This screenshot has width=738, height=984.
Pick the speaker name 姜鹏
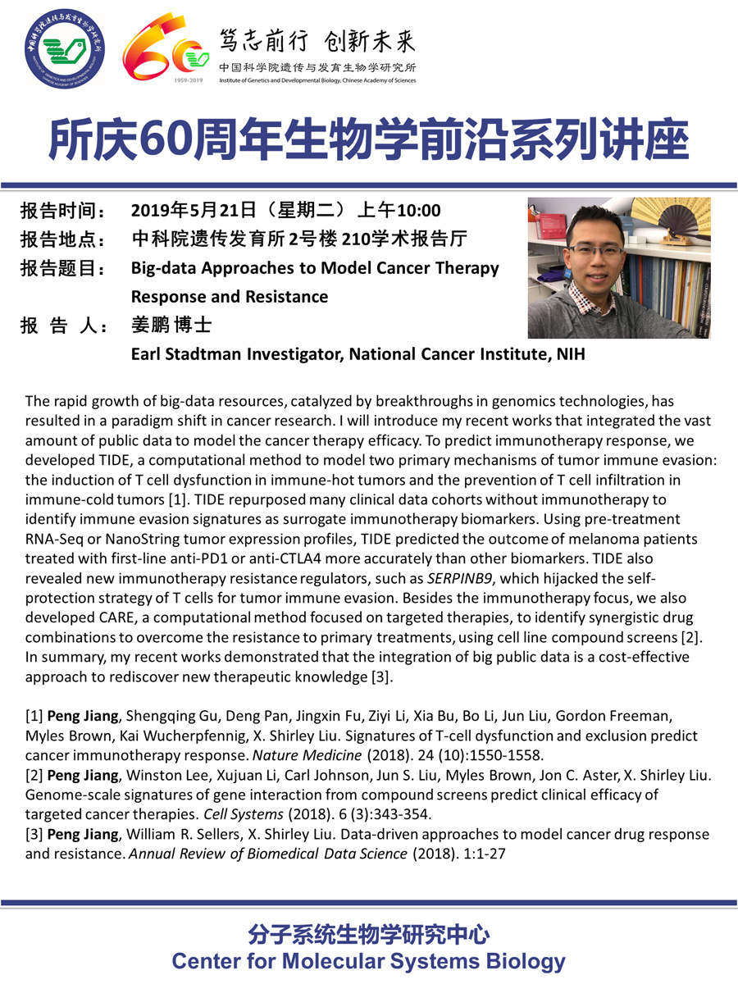coord(151,326)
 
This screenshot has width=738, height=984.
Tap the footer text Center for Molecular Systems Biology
coord(368,961)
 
